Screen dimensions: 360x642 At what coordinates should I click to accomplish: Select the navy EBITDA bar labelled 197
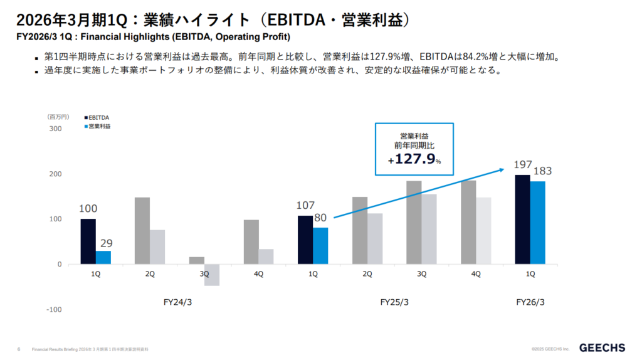(522, 220)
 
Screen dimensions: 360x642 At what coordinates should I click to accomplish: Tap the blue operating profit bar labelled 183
(537, 223)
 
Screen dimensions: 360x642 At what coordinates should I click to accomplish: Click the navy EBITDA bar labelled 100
(88, 241)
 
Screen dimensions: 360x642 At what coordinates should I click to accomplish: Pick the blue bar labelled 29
(103, 257)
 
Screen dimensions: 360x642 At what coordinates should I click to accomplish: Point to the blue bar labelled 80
(320, 246)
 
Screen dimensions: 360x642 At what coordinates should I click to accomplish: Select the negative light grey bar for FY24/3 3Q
(212, 275)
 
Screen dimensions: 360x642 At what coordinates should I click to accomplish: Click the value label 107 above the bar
(305, 205)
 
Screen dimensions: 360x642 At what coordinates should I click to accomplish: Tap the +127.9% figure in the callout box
(414, 159)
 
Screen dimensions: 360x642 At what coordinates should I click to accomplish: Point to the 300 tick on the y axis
(55, 129)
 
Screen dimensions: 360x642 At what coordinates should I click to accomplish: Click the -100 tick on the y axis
(54, 309)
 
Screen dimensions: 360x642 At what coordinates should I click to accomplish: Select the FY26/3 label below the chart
(530, 302)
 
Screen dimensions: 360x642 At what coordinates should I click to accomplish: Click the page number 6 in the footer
(19, 349)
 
